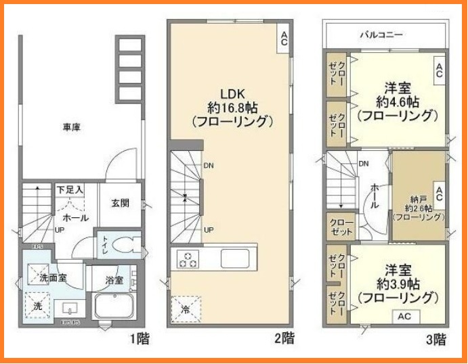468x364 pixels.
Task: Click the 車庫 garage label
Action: pos(72,127)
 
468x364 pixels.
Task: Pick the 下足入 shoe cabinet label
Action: pos(70,190)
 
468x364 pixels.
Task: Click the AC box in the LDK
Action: pos(284,38)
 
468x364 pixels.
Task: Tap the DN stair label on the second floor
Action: pos(209,164)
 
